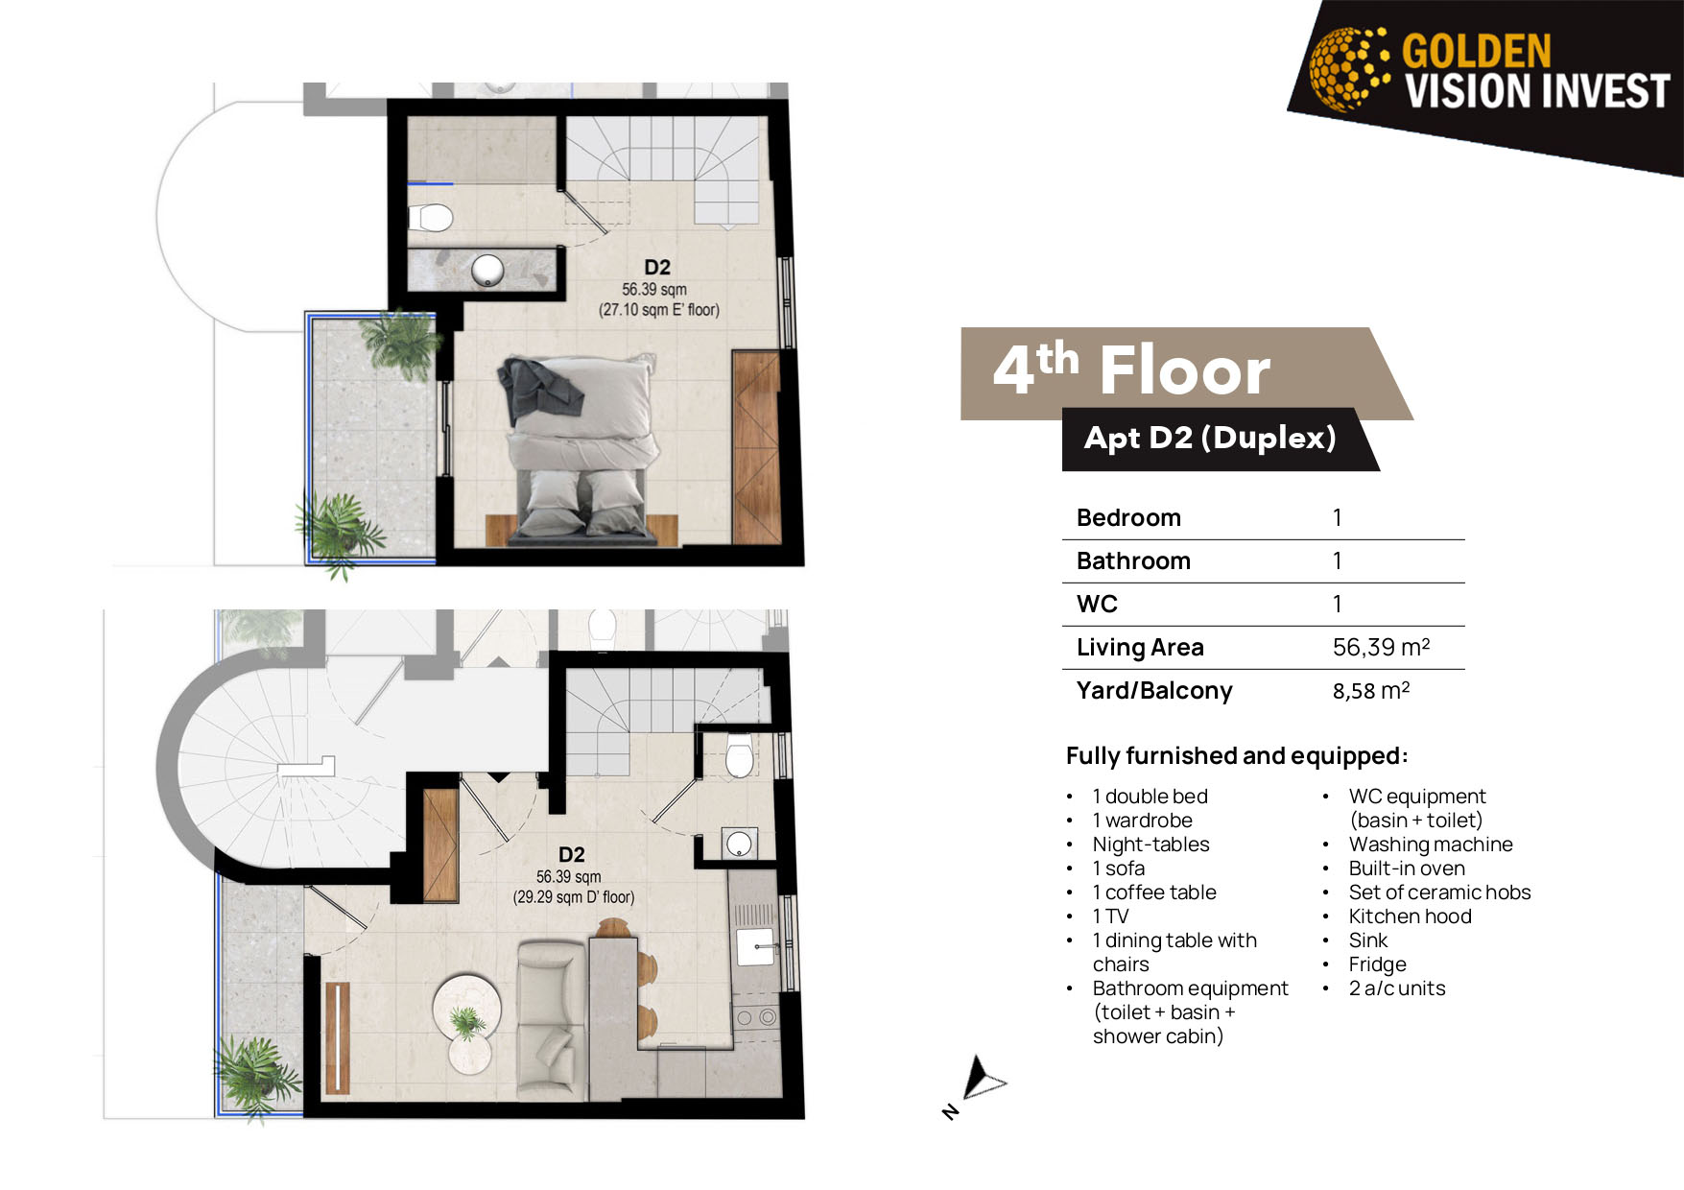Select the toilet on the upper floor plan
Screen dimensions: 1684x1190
(x=431, y=218)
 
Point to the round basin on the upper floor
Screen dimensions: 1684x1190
(x=488, y=271)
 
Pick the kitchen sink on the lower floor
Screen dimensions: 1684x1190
(x=756, y=946)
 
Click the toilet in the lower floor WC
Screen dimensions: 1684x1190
(x=740, y=755)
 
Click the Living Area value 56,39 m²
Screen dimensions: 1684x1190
(x=1381, y=648)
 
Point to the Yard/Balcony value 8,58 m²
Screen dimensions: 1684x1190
(x=1371, y=691)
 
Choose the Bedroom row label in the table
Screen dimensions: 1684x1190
(x=1128, y=518)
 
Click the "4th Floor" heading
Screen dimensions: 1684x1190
(x=1131, y=370)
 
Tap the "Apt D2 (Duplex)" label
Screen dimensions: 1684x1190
(x=1210, y=439)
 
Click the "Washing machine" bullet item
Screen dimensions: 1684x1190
(x=1431, y=845)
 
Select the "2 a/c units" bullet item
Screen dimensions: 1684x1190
(x=1397, y=988)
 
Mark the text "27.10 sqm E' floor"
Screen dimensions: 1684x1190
(x=659, y=310)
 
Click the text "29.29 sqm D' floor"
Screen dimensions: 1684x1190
(x=574, y=897)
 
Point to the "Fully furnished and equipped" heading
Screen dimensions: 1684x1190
(x=1236, y=756)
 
